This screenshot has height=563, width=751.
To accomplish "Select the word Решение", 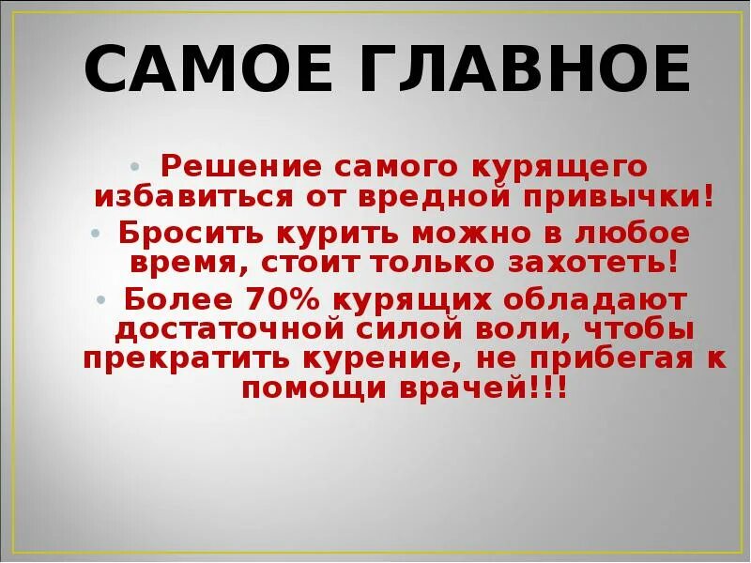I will point(221,166).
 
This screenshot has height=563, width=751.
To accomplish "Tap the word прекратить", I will point(182,359).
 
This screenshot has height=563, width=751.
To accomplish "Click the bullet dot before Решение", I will point(137,166).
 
